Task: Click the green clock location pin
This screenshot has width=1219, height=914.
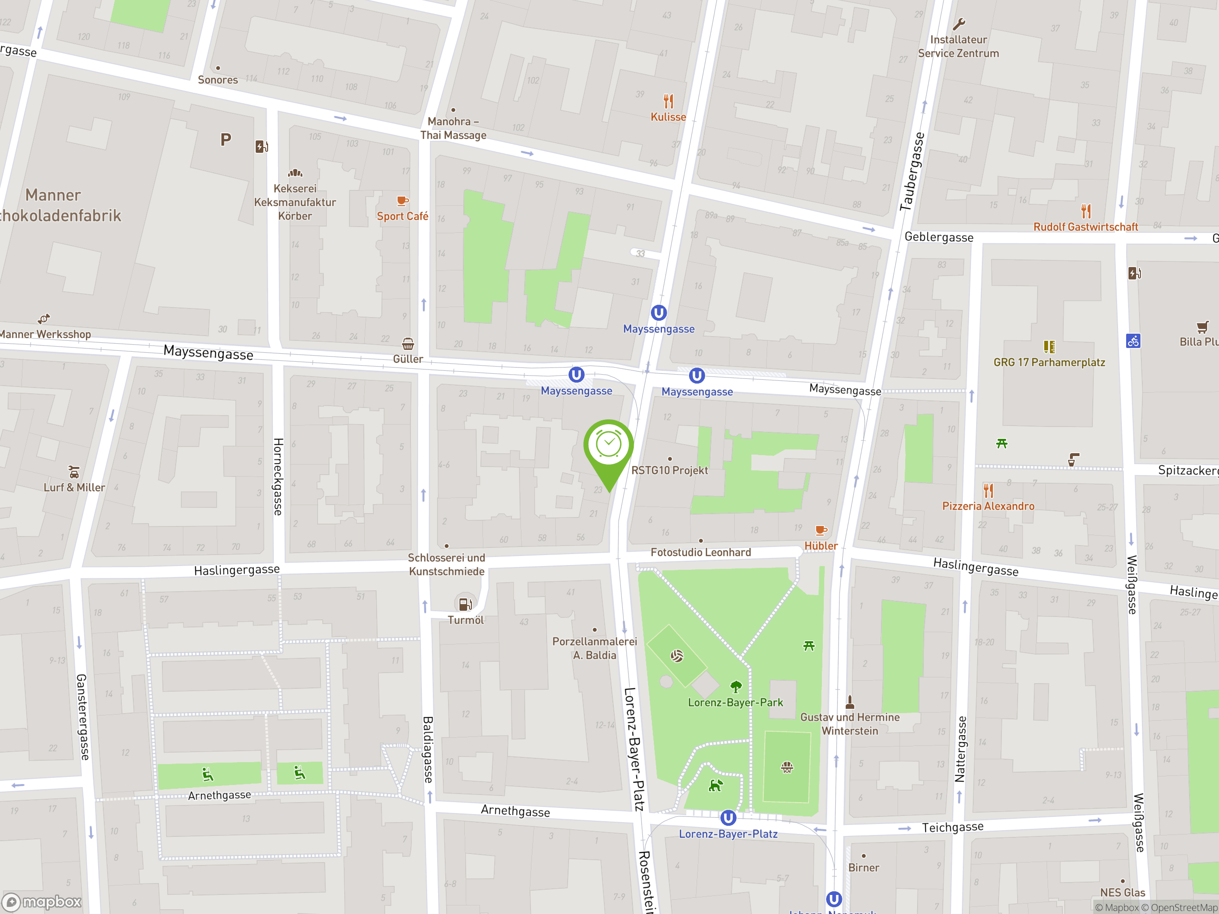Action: (609, 445)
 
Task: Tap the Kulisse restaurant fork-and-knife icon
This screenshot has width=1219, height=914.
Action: (669, 101)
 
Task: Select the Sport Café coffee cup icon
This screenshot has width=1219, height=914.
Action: (403, 201)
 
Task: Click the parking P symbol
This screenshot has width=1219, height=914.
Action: (225, 139)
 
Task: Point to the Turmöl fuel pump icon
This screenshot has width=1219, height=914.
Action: (465, 604)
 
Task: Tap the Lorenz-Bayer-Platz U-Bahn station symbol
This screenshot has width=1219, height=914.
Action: (728, 817)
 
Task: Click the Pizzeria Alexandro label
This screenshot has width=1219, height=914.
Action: (988, 506)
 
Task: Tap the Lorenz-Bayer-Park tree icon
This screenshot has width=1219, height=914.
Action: (736, 686)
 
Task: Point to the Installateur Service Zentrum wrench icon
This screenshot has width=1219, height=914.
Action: (959, 24)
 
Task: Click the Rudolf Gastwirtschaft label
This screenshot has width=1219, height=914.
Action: (1085, 227)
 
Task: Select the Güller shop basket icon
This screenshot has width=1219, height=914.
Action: (408, 344)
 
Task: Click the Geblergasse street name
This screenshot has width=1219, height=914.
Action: (939, 238)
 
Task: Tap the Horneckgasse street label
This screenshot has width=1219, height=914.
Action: (278, 477)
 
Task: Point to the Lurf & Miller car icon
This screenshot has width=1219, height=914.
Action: (74, 473)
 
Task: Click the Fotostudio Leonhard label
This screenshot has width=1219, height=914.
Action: (700, 552)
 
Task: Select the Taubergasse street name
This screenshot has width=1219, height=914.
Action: (911, 171)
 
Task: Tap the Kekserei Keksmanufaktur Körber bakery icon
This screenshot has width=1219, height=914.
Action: (295, 173)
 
